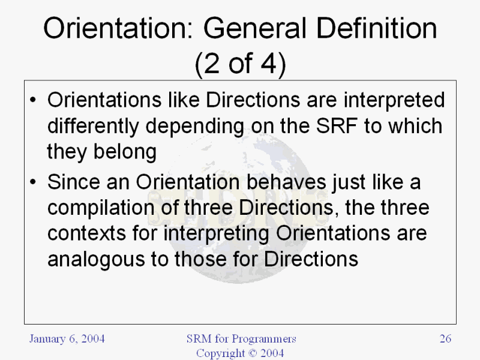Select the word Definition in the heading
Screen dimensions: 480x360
(377, 28)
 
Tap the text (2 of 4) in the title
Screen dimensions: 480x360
(241, 64)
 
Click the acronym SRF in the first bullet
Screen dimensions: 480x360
(337, 126)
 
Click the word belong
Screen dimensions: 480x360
(125, 152)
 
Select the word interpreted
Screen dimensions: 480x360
(394, 101)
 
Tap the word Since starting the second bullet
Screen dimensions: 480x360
(73, 182)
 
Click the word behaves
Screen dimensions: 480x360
(286, 182)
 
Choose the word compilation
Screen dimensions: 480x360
(101, 208)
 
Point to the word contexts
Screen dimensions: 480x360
(86, 233)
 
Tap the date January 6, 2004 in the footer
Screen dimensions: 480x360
(67, 339)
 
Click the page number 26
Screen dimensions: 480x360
(445, 338)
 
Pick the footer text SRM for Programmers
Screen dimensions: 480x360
(241, 339)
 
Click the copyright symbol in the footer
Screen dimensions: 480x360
(253, 353)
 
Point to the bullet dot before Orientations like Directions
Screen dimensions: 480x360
(33, 100)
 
